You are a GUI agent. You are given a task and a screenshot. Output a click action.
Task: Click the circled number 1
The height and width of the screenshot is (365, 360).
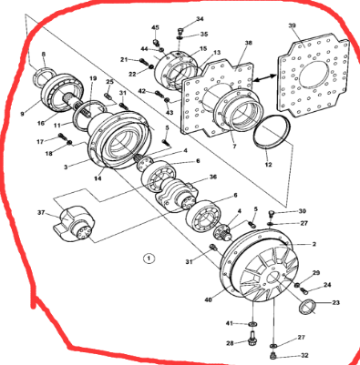click(149, 259)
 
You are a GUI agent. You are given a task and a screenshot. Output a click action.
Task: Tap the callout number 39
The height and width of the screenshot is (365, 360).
click(318, 25)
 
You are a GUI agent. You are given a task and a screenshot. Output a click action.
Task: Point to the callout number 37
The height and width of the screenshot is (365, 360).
click(40, 213)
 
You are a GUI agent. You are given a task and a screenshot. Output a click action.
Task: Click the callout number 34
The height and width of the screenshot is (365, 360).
click(201, 19)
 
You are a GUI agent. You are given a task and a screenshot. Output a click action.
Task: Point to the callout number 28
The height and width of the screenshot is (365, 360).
click(231, 342)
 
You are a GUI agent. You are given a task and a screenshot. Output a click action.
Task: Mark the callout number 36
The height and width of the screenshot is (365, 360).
click(213, 177)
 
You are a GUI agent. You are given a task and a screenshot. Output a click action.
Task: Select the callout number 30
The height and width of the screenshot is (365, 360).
click(303, 211)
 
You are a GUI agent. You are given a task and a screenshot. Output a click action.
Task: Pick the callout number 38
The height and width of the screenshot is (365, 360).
click(247, 43)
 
